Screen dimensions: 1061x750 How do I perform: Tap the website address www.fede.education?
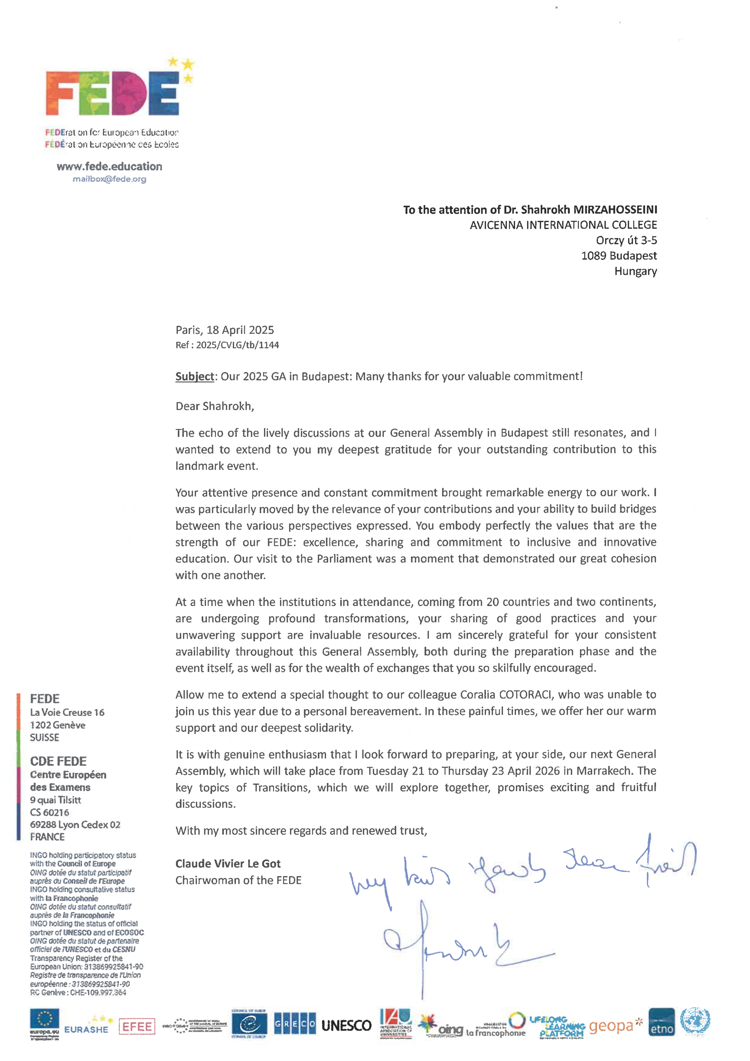(x=109, y=166)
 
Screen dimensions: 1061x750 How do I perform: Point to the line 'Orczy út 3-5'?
(x=626, y=240)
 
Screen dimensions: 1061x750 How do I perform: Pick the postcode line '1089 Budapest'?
(x=619, y=256)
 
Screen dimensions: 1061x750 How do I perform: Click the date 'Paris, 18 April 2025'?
(x=225, y=330)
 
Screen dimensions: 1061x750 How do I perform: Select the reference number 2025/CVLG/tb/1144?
(x=237, y=345)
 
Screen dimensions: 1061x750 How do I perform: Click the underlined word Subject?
(x=195, y=377)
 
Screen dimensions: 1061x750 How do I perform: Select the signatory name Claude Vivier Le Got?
(x=228, y=864)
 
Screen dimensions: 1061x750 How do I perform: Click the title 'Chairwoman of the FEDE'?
(x=238, y=880)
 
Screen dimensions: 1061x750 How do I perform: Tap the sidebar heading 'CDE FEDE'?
(x=58, y=761)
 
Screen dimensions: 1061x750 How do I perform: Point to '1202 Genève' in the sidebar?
(x=58, y=725)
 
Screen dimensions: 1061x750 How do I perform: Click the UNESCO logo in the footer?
(x=346, y=1025)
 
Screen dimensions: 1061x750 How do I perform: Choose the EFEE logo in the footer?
(x=137, y=1026)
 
